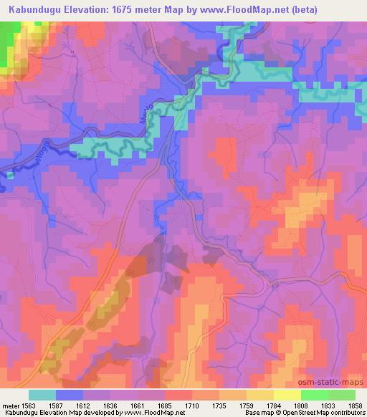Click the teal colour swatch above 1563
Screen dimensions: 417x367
[42, 395]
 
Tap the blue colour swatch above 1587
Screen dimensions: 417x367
[70, 395]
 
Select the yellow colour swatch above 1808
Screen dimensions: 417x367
[287, 395]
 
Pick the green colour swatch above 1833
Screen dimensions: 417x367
[314, 395]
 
